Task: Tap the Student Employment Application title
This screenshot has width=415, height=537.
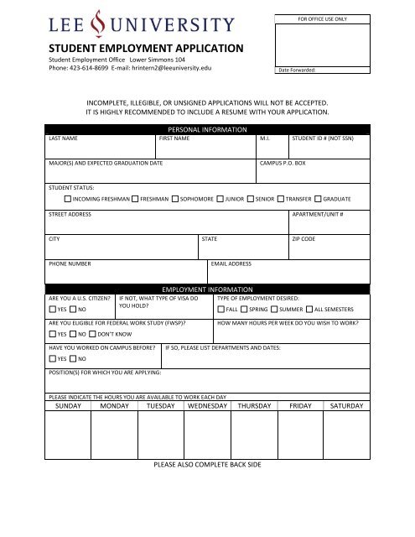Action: [x=146, y=49]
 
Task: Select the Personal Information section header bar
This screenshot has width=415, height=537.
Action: [x=207, y=129]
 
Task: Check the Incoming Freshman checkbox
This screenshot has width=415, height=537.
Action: [x=67, y=200]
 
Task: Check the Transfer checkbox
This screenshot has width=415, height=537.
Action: [x=280, y=200]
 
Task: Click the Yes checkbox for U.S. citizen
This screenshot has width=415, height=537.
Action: [x=52, y=310]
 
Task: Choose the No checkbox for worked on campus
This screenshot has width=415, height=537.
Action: [x=73, y=359]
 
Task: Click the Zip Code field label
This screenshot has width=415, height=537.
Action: [x=303, y=239]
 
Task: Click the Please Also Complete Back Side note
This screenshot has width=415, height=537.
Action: [x=207, y=464]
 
